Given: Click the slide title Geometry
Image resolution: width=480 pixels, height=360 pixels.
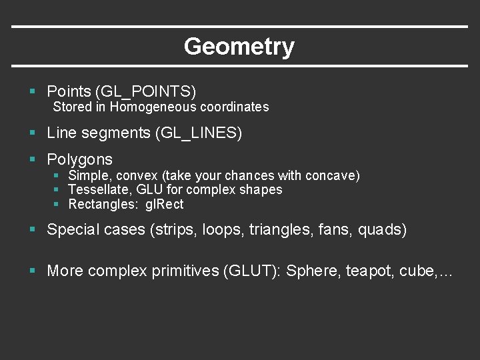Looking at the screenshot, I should tap(239, 47).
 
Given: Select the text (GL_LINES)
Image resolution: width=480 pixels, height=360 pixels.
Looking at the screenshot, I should tap(198, 133).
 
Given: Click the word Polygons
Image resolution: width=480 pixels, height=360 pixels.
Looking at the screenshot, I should tap(79, 160).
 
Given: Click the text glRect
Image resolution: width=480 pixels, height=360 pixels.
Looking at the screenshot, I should tap(164, 205).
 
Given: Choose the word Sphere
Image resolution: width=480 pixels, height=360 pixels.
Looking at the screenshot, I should tap(313, 271).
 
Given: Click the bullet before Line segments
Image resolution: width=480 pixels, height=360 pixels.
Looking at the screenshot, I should tap(32, 133).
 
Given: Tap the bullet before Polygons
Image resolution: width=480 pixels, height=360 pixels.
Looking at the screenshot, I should tap(32, 160).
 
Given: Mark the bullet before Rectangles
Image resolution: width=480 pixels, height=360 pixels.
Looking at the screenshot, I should tap(57, 205).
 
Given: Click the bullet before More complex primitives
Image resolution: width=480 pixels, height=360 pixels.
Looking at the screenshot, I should tap(32, 271).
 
